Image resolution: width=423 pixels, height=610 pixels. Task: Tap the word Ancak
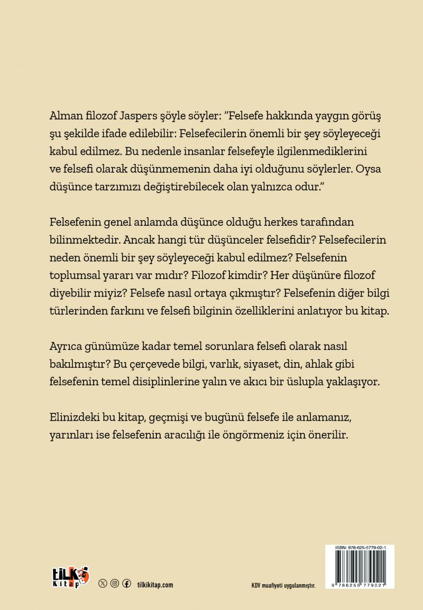tap(143, 239)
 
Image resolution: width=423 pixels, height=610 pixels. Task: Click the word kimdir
tap(257, 274)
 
